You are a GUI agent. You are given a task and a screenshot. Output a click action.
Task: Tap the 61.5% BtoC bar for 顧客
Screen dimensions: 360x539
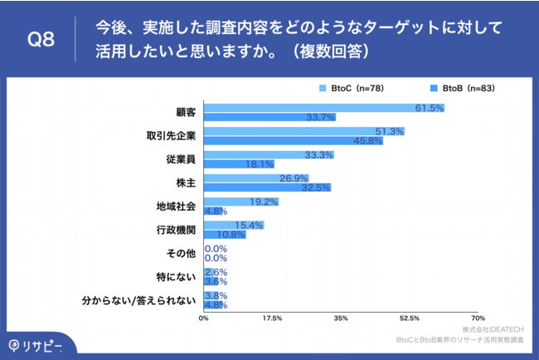[324, 108]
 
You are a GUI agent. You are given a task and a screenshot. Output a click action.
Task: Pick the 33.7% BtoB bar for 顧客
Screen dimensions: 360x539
[269, 118]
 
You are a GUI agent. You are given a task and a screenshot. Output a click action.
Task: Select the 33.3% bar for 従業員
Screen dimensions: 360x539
[269, 154]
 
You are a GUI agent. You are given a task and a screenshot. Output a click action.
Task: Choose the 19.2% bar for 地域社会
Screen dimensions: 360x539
[241, 201]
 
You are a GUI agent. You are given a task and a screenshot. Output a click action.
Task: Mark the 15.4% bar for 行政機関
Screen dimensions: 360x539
[234, 225]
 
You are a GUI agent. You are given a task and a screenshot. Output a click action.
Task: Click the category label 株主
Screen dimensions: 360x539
[186, 182]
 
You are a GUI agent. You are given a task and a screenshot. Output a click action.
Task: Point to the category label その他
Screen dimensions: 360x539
[182, 252]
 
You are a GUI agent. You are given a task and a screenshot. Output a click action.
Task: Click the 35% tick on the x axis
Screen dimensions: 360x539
[340, 318]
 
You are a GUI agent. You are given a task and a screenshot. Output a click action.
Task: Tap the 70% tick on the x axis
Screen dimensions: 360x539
[478, 318]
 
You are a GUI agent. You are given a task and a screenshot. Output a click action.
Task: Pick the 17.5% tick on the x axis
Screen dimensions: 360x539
[272, 318]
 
